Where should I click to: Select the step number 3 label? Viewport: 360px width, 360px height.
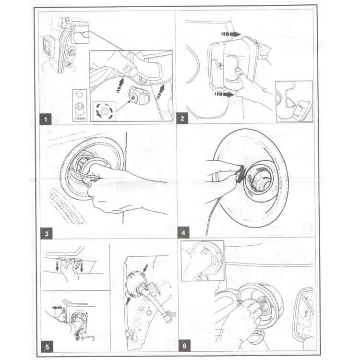46,234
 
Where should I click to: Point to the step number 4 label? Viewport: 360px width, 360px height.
183,234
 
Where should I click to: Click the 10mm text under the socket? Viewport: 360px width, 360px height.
80,117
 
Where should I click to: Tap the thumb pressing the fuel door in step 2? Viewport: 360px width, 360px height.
240,72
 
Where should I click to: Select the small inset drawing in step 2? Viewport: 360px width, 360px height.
294,100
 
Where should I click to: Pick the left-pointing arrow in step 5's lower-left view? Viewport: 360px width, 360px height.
56,307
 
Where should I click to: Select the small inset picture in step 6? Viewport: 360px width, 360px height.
202,261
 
